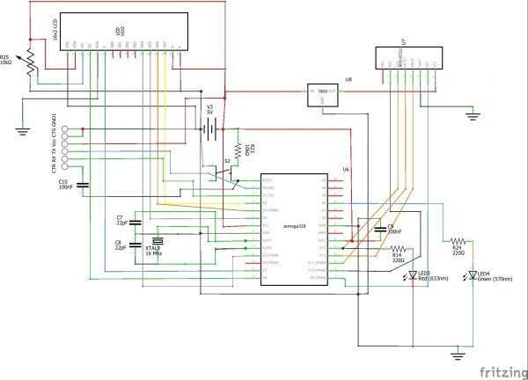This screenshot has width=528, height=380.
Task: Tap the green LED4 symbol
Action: [x=469, y=275]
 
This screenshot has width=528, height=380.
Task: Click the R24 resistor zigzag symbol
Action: [x=457, y=240]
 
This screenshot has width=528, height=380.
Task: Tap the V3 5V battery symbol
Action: [x=209, y=129]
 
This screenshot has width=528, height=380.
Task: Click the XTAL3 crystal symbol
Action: [x=158, y=242]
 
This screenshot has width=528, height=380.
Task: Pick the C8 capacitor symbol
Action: [x=135, y=246]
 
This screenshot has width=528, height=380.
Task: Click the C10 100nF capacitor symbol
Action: [x=82, y=185]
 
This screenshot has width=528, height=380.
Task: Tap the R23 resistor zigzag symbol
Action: [x=238, y=155]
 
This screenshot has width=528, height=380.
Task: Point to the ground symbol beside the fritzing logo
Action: [x=457, y=355]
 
